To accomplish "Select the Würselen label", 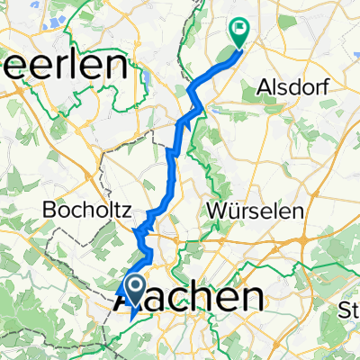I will (x=255, y=209).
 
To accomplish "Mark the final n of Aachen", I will (x=256, y=297).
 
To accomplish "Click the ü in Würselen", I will (x=233, y=209).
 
